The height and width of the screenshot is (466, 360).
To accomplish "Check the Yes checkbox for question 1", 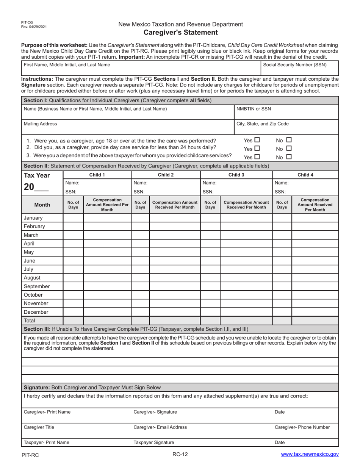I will coord(257,140).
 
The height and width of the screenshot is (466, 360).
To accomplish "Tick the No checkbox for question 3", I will coord(289,157).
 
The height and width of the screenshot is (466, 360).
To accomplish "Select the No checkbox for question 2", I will coord(289,149).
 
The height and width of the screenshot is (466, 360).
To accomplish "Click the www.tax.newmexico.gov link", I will coord(310,454).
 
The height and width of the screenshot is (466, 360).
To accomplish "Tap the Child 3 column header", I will coord(236,175).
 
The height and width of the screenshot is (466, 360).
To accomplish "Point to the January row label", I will coord(33,218).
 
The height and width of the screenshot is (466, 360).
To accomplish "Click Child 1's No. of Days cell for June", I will coord(73,261).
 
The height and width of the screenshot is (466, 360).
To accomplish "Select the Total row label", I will coord(30,321).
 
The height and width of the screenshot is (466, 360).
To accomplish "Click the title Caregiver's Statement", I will coord(180,33).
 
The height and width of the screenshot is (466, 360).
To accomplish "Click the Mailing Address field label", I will coord(41,124).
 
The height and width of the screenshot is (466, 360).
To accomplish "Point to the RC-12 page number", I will coord(180,454).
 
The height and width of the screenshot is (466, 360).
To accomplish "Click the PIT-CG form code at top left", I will coord(27,22).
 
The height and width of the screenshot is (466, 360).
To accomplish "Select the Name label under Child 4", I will coord(282,183).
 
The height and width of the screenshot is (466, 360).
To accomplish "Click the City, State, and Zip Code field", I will coord(286,127).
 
